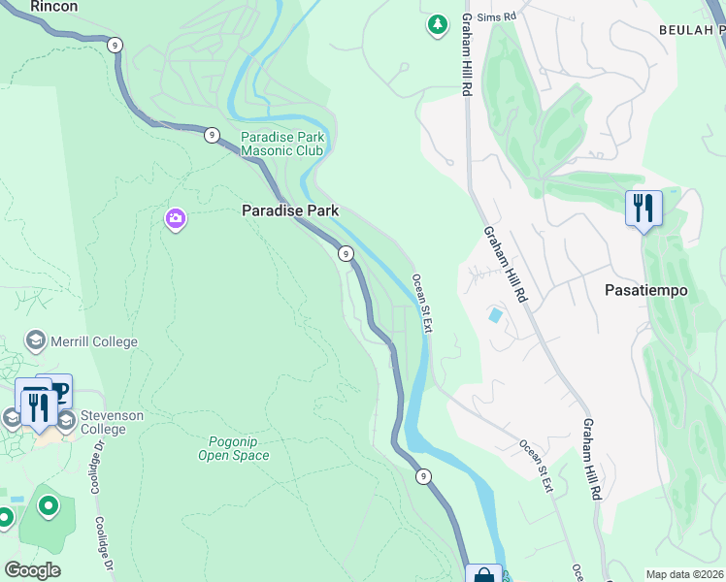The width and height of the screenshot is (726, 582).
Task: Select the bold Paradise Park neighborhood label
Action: coord(290,210)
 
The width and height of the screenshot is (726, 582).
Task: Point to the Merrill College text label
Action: coord(94,341)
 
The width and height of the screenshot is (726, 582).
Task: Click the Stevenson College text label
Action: coord(111,422)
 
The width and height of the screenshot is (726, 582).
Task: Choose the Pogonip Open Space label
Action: coord(233,448)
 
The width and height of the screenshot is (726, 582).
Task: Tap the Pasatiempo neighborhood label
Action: coord(645,290)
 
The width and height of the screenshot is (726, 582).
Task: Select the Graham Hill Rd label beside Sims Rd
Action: coord(467,53)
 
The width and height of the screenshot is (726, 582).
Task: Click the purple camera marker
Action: coord(176,219)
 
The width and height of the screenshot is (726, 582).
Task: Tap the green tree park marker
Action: coord(438,24)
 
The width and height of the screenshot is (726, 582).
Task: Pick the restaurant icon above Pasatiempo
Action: coord(643,209)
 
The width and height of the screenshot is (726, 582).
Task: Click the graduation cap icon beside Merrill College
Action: coord(36,341)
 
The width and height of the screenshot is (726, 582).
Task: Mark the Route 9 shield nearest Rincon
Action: coord(115,45)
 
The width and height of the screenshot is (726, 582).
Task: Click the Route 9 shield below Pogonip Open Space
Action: coord(423,476)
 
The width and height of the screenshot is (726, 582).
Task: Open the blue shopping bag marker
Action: coord(483,574)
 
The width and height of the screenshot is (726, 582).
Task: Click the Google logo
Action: coord(32,570)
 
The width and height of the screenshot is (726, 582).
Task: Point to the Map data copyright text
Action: coord(684,574)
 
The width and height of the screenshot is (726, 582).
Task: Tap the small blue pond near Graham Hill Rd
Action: coord(496,315)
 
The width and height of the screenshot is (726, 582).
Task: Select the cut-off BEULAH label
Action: coord(692,30)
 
